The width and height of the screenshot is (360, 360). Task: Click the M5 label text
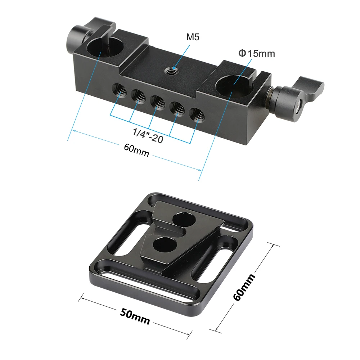tap(193, 37)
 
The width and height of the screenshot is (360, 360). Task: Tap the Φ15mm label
tap(256, 54)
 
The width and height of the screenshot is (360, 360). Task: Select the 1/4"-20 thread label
tap(148, 136)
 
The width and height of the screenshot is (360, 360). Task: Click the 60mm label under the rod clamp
tap(136, 150)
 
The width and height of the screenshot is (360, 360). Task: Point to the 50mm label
tap(135, 316)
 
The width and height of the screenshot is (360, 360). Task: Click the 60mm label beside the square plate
tap(244, 287)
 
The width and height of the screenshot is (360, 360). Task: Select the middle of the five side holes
tap(158, 101)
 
